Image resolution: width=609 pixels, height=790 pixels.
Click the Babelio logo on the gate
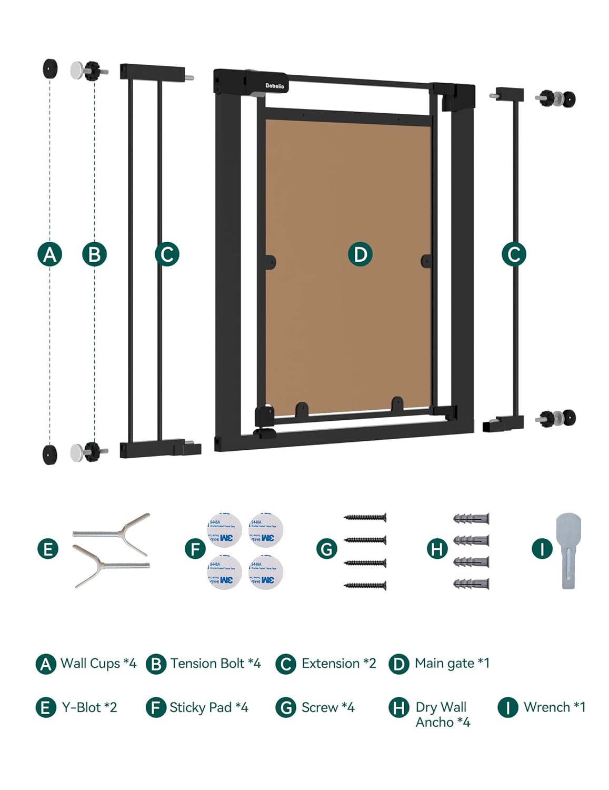[x=274, y=86]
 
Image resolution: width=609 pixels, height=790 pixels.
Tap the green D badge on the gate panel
[x=360, y=254]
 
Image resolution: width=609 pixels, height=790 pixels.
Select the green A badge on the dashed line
[x=49, y=254]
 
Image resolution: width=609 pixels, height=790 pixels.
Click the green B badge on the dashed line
[x=95, y=254]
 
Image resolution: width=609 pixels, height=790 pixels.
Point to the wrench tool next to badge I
[x=568, y=550]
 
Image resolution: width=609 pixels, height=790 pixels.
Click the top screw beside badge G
[x=365, y=518]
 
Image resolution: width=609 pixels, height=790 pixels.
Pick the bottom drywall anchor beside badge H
[x=471, y=584]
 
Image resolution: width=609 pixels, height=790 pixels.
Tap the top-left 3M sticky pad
[x=224, y=530]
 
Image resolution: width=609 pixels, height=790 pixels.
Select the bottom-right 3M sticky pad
[x=266, y=572]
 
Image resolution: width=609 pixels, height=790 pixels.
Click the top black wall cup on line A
[x=50, y=69]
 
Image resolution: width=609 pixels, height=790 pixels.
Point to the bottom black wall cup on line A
[x=50, y=455]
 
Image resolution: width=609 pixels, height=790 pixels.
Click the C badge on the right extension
[x=514, y=254]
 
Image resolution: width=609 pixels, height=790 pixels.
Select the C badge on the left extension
[x=167, y=254]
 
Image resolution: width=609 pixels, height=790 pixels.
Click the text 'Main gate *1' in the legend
[x=452, y=664]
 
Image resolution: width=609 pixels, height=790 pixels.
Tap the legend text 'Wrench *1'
[x=554, y=707]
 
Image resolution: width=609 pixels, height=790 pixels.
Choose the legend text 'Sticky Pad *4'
[x=208, y=707]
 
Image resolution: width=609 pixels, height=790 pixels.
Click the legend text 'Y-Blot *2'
[x=89, y=707]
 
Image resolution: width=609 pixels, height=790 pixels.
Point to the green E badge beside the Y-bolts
[x=48, y=549]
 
